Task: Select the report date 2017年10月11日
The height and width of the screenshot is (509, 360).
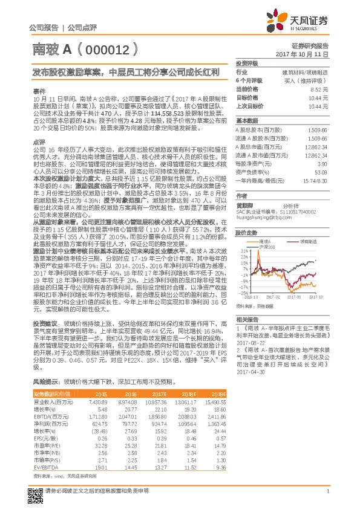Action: coord(311,54)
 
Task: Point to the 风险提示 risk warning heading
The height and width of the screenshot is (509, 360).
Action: coord(44,381)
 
